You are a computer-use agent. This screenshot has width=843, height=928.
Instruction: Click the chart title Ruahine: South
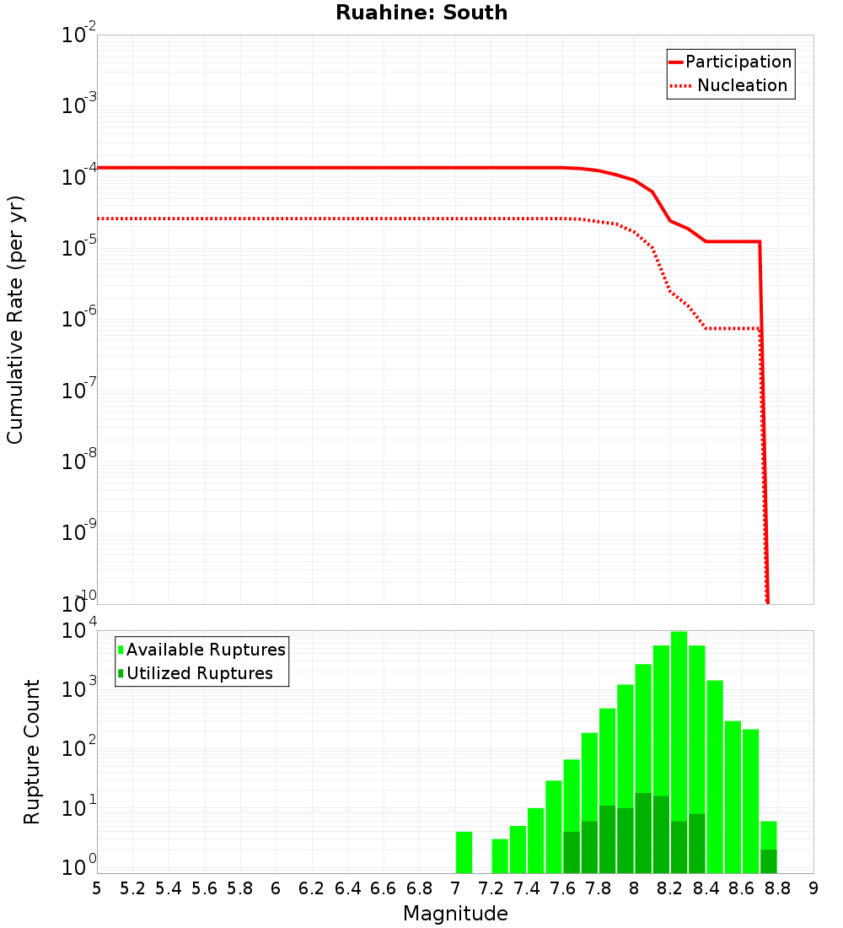[421, 13]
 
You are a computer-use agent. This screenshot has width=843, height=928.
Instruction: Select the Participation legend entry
[738, 62]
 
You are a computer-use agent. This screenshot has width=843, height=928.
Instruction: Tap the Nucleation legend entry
[741, 85]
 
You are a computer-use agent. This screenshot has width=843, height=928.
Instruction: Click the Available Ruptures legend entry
[206, 650]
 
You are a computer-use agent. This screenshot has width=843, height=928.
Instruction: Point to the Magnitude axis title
[455, 914]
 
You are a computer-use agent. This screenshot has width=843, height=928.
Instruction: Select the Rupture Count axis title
[32, 751]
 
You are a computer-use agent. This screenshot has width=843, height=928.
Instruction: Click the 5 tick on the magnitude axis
[97, 888]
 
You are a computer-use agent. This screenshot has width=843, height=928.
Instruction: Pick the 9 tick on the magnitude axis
[813, 888]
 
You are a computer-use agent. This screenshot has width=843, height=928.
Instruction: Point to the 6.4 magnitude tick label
[348, 888]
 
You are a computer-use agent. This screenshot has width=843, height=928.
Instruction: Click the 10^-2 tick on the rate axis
[79, 36]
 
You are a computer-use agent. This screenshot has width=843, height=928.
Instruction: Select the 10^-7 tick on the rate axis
[79, 391]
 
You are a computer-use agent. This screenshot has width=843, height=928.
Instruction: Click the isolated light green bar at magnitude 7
[464, 852]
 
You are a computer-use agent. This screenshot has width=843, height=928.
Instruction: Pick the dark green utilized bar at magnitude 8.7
[768, 861]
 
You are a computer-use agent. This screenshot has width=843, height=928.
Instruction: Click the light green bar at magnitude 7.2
[500, 855]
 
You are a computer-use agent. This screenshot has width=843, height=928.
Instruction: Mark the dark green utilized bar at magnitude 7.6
[572, 852]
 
